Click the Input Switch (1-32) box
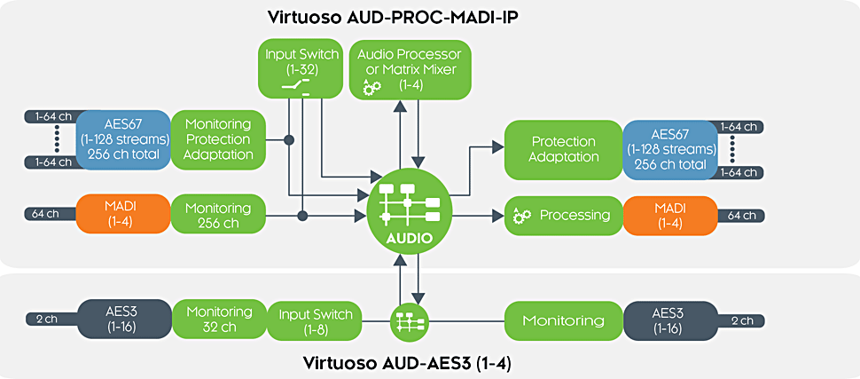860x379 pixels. coord(301,69)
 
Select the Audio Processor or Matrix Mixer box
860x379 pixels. coord(410,69)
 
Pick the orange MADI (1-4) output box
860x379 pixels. coord(669,215)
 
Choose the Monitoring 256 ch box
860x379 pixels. coord(218,215)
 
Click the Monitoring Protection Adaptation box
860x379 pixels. coord(218,139)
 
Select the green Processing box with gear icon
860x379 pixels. coord(563,215)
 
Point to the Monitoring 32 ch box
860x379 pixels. coord(218,320)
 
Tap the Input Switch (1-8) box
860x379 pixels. coord(315,320)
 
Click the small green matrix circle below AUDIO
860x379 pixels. coord(409,320)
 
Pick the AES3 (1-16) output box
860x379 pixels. coord(669,320)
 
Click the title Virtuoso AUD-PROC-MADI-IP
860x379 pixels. coord(393,17)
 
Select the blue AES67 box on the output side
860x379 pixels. coord(669,149)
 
